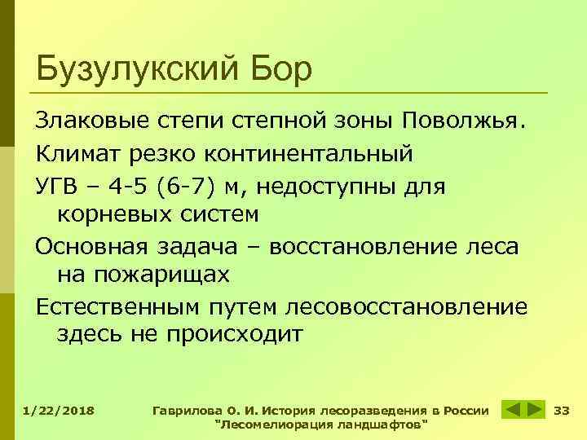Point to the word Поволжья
466,121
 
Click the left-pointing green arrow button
510,409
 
